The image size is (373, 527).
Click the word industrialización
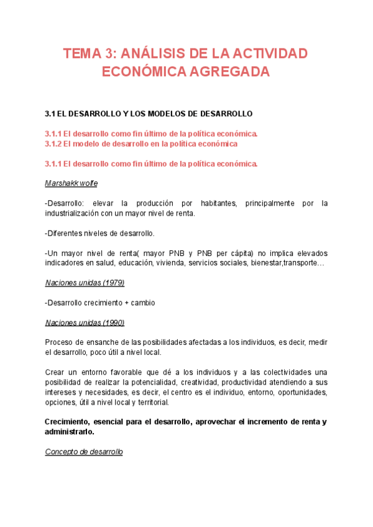tap(83, 214)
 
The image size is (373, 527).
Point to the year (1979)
tap(111, 283)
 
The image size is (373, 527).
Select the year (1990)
tap(111, 323)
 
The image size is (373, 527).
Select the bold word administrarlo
tap(70, 432)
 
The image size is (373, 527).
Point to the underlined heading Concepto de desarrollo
tap(84, 452)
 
